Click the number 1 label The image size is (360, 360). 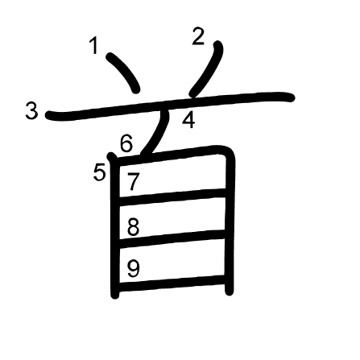(x=94, y=46)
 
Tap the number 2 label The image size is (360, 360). (x=198, y=36)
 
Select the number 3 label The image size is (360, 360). (x=31, y=111)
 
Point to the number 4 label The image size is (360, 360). (x=188, y=120)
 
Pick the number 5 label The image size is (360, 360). (x=99, y=172)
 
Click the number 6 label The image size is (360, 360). (x=126, y=143)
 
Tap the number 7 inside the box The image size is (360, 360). (x=133, y=182)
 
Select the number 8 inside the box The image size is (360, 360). (x=133, y=227)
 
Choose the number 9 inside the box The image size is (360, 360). (x=134, y=269)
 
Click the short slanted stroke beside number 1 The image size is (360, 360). (x=124, y=72)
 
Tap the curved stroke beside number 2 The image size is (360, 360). (x=208, y=68)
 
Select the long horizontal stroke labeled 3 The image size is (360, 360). (x=170, y=105)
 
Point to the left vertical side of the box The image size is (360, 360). (x=115, y=226)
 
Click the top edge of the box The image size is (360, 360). (x=169, y=155)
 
